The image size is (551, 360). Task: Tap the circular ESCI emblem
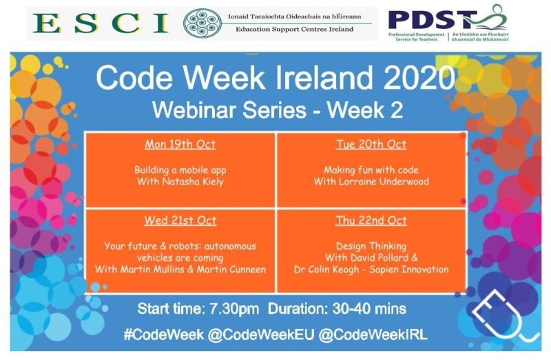(202, 23)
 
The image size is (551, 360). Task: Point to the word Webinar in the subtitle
(192, 109)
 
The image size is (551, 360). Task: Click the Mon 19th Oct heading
(180, 145)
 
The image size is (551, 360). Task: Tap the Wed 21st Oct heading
(180, 220)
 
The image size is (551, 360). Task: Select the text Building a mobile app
(180, 169)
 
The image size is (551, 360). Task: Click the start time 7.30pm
(229, 308)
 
